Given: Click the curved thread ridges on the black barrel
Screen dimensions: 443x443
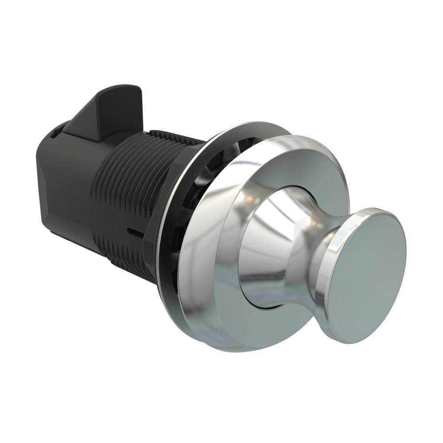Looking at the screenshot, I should (120, 190).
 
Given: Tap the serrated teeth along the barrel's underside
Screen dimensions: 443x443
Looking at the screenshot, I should (128, 266).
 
